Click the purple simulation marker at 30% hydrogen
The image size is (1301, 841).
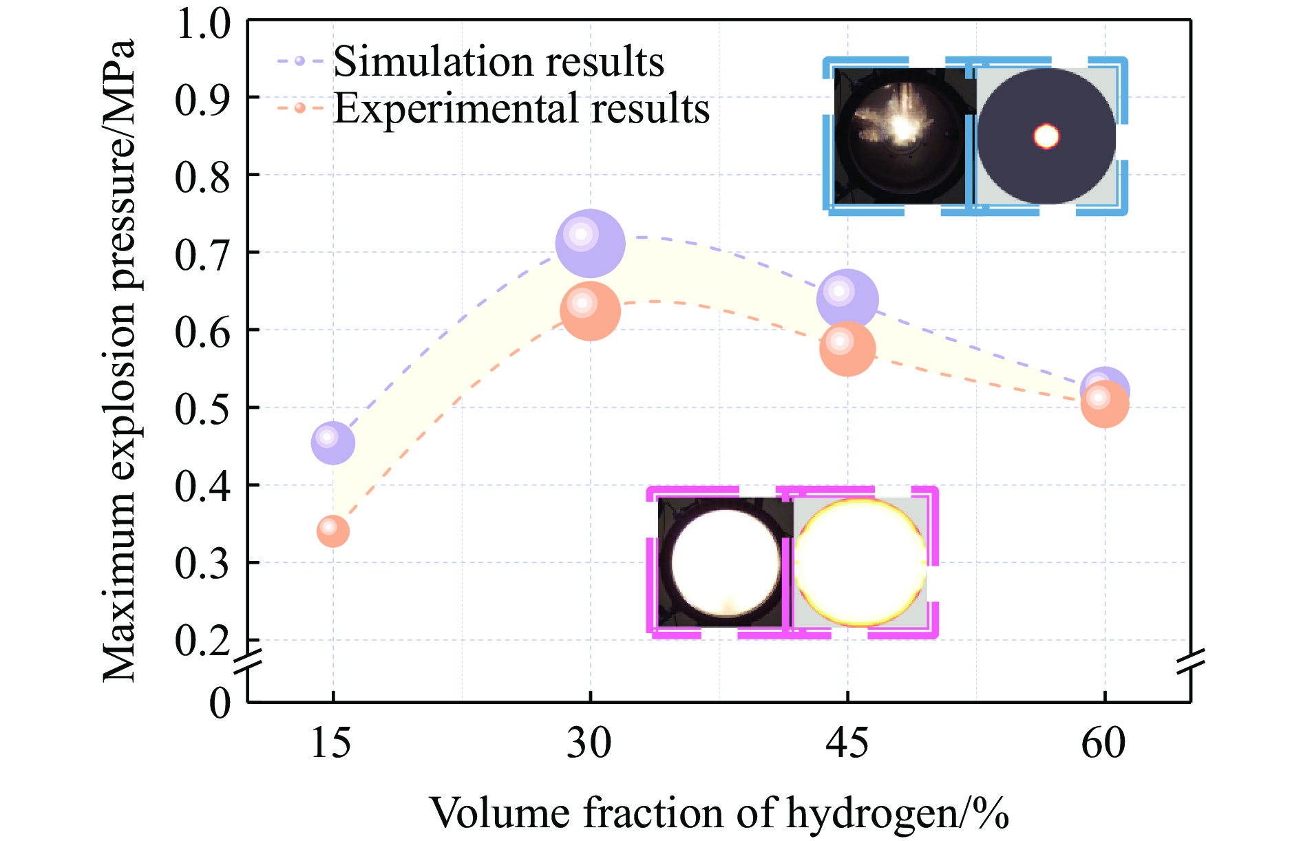click(x=590, y=244)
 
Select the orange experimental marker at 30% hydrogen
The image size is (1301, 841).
click(x=590, y=311)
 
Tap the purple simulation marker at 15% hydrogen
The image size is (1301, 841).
click(x=333, y=443)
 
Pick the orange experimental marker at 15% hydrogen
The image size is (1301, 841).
click(x=333, y=531)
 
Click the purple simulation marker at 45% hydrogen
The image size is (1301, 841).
click(x=847, y=299)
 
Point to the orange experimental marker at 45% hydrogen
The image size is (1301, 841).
click(x=847, y=349)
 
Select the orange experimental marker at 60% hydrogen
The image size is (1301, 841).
click(x=1104, y=404)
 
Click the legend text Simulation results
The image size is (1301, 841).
click(x=498, y=62)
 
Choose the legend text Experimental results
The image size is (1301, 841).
click(x=521, y=109)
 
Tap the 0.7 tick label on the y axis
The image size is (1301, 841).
click(x=202, y=254)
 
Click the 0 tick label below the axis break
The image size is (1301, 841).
click(x=220, y=703)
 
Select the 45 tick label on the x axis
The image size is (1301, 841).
click(x=847, y=743)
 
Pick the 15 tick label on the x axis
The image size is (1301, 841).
click(x=331, y=743)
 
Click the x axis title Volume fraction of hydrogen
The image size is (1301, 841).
click(x=719, y=813)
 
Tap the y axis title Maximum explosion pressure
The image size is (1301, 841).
click(x=118, y=361)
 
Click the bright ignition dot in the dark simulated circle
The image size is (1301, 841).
click(x=1046, y=136)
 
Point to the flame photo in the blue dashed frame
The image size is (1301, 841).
click(x=900, y=136)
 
